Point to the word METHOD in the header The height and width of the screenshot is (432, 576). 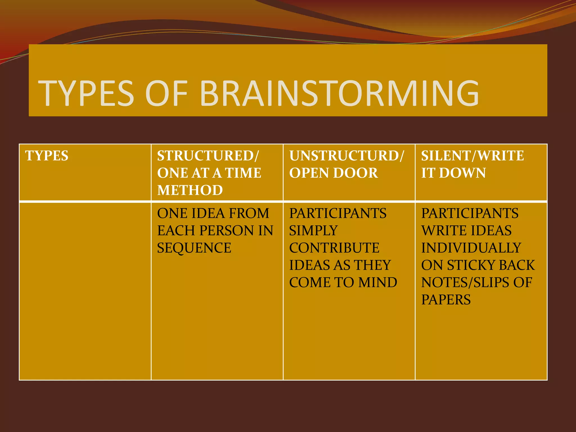(190, 190)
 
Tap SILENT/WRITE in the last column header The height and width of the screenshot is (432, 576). (472, 156)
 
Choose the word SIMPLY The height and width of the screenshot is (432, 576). (313, 231)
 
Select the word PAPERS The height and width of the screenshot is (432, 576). (446, 300)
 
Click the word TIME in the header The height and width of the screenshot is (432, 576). (243, 173)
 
